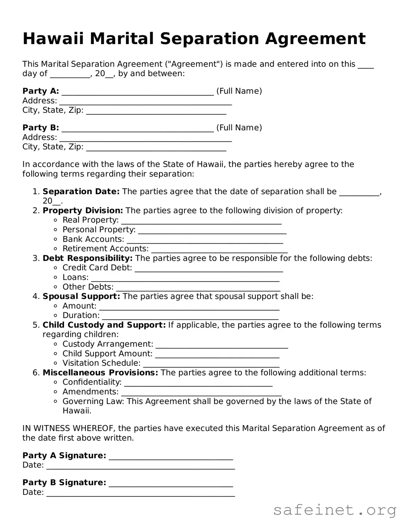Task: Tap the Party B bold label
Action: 41,128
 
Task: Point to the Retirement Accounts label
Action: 106,249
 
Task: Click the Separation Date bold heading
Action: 81,192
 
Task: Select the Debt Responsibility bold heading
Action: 87,258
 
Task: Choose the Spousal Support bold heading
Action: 81,297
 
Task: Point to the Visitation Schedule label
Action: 101,363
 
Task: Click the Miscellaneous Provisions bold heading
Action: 100,373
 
